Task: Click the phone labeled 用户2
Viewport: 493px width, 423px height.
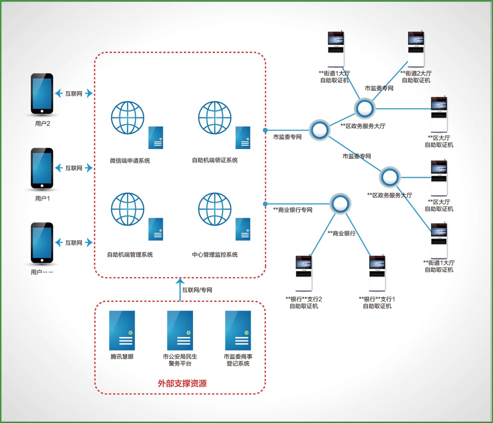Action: [42, 94]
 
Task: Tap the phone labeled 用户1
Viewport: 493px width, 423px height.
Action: [42, 168]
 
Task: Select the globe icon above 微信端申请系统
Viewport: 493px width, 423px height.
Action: [128, 118]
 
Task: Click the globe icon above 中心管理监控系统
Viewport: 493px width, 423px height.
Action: [215, 209]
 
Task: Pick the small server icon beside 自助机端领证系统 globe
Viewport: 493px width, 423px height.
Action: [243, 138]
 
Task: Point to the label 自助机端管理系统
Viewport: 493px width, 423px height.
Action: [130, 255]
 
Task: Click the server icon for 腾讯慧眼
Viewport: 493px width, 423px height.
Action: [122, 331]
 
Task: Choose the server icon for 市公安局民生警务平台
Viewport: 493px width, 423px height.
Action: [180, 331]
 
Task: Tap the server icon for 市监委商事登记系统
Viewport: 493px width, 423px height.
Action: [238, 331]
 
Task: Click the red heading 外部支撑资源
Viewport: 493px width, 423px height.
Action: [182, 383]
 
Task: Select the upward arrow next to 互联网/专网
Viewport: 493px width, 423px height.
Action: [180, 289]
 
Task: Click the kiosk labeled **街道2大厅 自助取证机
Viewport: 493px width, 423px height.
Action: [416, 49]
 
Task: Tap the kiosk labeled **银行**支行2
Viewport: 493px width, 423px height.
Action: [304, 274]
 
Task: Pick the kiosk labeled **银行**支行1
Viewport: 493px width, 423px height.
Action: [377, 274]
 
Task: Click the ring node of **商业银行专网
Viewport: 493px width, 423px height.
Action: [340, 204]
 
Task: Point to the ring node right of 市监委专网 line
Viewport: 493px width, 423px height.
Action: [320, 130]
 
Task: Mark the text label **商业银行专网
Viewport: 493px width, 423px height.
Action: [292, 210]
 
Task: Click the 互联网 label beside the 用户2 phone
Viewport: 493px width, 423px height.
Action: [74, 93]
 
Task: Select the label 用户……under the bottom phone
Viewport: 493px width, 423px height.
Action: [42, 272]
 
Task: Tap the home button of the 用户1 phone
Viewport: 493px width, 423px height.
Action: [42, 186]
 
